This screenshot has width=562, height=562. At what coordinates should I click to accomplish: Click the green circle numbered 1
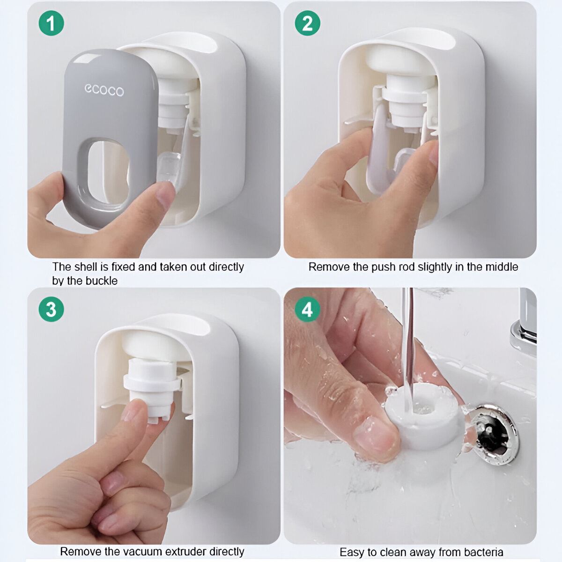pos(51,23)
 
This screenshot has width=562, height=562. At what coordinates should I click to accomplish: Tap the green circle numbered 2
pos(307,23)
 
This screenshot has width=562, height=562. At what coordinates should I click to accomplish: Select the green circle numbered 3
pos(51,309)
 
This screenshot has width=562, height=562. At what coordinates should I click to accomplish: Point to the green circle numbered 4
pos(307,309)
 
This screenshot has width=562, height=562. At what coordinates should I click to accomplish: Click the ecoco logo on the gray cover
pos(104,89)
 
